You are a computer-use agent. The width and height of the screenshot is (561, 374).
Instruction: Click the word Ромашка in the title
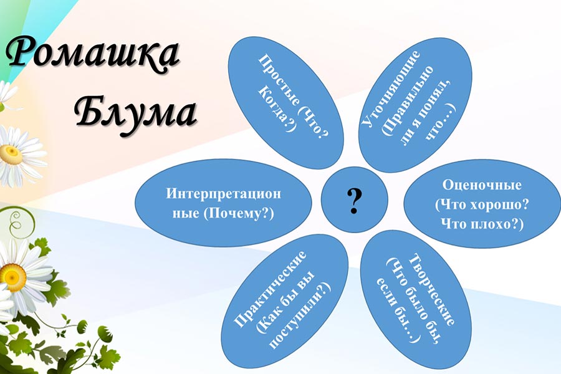coord(93,54)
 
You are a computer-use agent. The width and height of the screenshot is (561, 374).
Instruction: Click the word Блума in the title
coord(137,113)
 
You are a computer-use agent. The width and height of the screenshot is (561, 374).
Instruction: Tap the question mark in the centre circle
coord(354,201)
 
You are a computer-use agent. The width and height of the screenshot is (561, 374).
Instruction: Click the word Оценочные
coord(482,185)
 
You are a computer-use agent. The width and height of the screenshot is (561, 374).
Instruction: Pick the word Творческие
coord(431,289)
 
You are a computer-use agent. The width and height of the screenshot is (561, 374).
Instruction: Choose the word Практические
coord(270,289)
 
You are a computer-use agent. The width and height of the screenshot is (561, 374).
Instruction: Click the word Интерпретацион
coord(224,193)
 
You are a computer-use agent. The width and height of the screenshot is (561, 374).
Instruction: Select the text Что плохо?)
coord(482,224)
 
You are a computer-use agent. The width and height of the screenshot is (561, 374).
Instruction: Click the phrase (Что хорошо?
coord(482,204)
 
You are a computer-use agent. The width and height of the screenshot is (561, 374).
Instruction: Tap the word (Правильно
coord(408,101)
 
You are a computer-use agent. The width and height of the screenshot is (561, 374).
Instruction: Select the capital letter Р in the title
coord(21,51)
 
